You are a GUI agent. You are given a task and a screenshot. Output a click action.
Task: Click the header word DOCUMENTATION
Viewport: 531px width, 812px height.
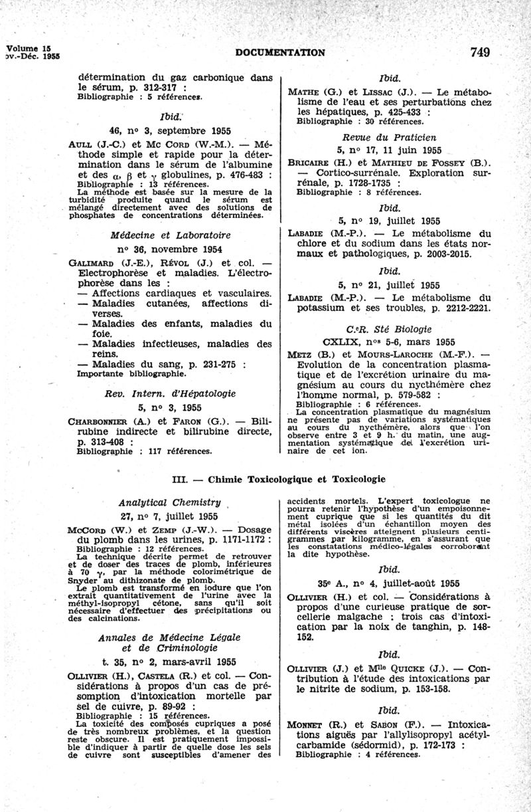coord(280,52)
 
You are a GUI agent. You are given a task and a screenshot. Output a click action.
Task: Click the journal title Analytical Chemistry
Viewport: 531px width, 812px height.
coord(169,502)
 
